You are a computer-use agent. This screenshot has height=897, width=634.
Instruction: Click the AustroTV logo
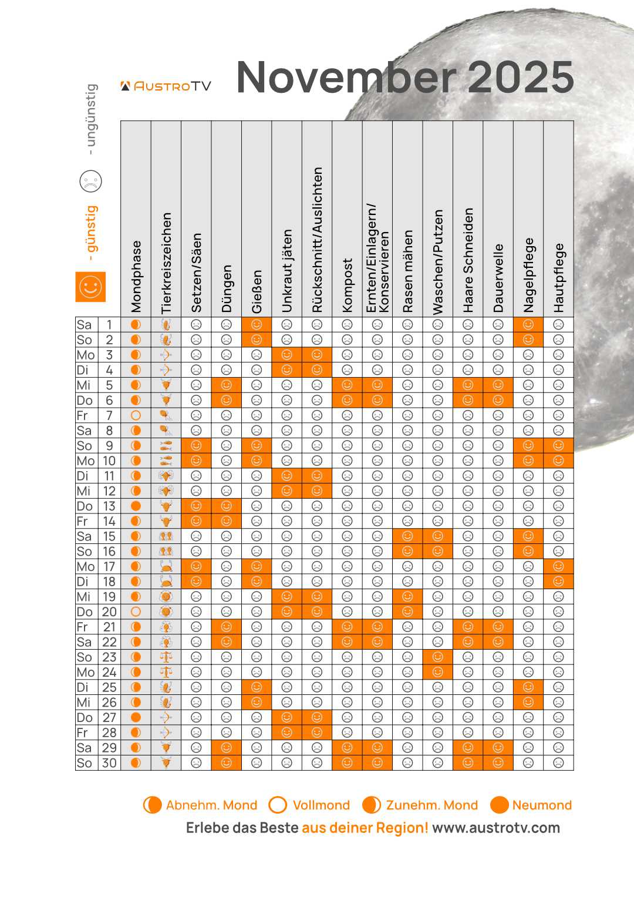pyautogui.click(x=166, y=86)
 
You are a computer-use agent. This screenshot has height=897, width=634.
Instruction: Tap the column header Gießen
pyautogui.click(x=257, y=291)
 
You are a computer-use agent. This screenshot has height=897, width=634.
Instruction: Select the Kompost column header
pyautogui.click(x=347, y=285)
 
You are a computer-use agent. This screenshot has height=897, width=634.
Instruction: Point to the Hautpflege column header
pyautogui.click(x=558, y=278)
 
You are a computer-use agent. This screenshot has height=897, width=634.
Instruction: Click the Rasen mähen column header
pyautogui.click(x=407, y=271)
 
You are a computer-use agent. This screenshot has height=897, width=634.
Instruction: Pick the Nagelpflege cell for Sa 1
pyautogui.click(x=528, y=324)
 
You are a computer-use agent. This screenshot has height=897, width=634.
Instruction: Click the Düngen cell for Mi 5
pyautogui.click(x=226, y=385)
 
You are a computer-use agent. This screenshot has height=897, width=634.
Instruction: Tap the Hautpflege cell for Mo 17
pyautogui.click(x=558, y=566)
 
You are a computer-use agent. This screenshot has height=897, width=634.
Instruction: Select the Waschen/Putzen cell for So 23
pyautogui.click(x=437, y=657)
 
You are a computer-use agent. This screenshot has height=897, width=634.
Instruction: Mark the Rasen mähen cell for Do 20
pyautogui.click(x=407, y=612)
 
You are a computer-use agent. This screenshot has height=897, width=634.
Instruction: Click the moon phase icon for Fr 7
pyautogui.click(x=136, y=415)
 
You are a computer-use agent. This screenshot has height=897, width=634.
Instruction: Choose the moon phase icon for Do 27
pyautogui.click(x=136, y=717)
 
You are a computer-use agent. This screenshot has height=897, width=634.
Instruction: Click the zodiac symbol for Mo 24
pyautogui.click(x=166, y=672)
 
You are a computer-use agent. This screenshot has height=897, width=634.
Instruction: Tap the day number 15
pyautogui.click(x=109, y=536)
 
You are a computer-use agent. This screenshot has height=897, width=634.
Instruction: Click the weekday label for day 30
pyautogui.click(x=85, y=762)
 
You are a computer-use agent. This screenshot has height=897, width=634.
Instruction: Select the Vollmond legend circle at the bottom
pyautogui.click(x=278, y=805)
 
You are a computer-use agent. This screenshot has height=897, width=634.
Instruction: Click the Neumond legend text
pyautogui.click(x=541, y=805)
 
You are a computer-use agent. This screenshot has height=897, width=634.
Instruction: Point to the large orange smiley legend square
pyautogui.click(x=90, y=287)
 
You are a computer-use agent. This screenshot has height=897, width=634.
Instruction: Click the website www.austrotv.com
pyautogui.click(x=496, y=828)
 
